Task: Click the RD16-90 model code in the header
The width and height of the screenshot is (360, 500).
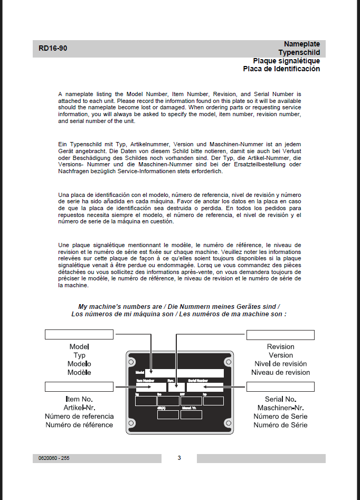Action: (x=53, y=49)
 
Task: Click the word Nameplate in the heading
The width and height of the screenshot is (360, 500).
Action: (x=301, y=44)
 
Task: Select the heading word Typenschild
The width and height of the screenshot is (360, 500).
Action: (x=299, y=52)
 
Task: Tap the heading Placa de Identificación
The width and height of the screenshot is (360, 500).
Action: (x=281, y=69)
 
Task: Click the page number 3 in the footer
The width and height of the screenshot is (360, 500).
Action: (x=179, y=458)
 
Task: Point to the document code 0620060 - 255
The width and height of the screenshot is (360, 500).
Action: (x=54, y=458)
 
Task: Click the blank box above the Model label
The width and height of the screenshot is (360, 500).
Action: (x=79, y=334)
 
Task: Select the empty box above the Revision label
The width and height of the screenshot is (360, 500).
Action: (x=280, y=335)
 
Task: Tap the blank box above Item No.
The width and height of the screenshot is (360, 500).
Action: (x=79, y=387)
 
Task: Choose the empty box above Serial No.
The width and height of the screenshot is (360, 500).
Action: (x=280, y=387)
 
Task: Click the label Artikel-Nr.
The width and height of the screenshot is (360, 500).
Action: (x=79, y=408)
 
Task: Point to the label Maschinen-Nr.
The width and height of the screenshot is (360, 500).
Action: (x=280, y=408)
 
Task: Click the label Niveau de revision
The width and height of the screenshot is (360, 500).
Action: (x=280, y=372)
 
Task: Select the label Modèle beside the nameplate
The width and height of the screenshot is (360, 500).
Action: (x=79, y=372)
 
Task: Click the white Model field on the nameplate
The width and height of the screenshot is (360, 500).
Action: (x=184, y=373)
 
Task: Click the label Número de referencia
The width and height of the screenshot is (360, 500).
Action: (x=79, y=417)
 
